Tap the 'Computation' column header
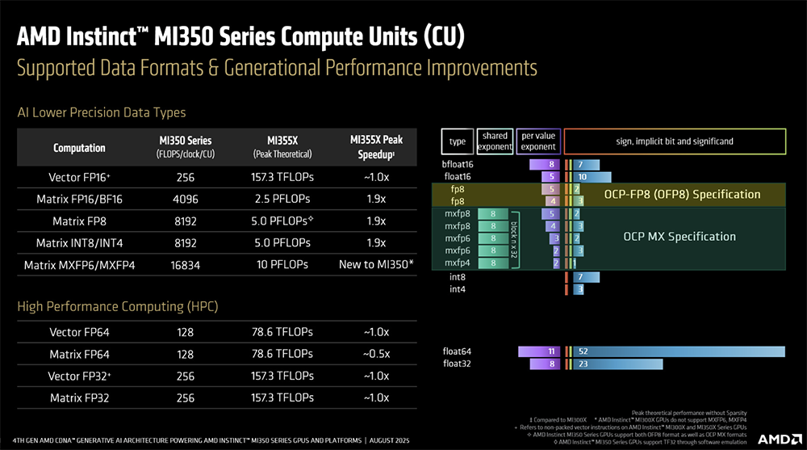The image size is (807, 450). tap(79, 148)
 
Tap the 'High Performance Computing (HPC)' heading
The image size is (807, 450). tap(118, 306)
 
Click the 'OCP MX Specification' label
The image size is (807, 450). tap(679, 237)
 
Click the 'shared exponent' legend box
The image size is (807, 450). tap(495, 141)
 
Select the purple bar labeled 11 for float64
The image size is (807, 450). tap(538, 351)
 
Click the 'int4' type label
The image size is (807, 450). tap(458, 288)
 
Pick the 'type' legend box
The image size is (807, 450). tap(458, 141)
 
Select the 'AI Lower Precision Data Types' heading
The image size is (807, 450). tap(102, 112)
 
